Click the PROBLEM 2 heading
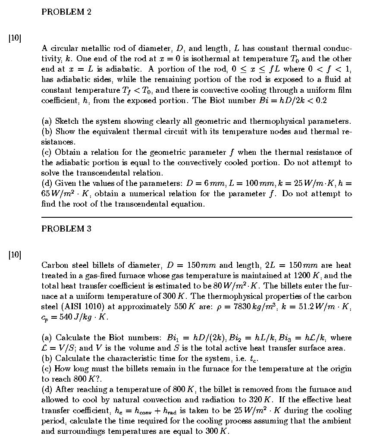66,12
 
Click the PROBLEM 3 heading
66,229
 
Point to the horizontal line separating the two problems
197,217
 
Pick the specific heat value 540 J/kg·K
82,317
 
